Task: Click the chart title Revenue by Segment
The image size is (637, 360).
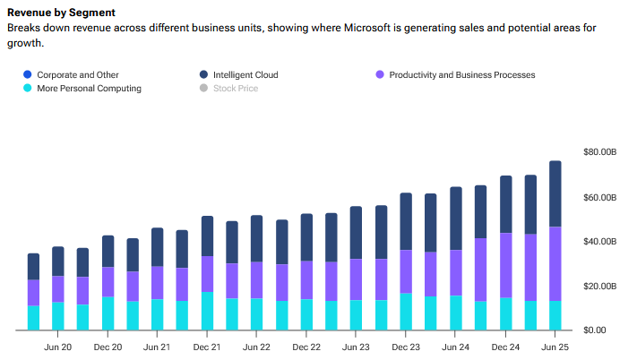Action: point(61,13)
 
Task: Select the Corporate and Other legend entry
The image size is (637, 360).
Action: point(78,75)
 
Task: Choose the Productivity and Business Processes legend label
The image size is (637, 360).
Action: point(462,75)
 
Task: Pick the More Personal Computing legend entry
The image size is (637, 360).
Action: point(89,89)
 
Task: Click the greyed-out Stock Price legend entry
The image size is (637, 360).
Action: point(236,89)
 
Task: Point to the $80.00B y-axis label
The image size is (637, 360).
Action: point(599,152)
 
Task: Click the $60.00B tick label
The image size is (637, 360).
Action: point(599,197)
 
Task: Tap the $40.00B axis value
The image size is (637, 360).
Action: point(599,242)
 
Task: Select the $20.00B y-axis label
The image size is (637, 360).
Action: point(599,287)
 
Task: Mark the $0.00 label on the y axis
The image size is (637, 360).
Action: point(594,330)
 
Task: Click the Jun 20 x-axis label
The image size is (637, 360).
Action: point(58,347)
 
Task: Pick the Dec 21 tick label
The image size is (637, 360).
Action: point(207,347)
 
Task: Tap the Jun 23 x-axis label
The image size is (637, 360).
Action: point(356,347)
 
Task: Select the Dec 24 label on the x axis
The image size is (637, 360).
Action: point(505,347)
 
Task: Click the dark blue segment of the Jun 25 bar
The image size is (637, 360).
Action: point(555,193)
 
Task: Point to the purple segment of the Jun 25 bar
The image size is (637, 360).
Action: point(555,264)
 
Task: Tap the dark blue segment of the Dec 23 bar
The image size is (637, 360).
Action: point(406,221)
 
